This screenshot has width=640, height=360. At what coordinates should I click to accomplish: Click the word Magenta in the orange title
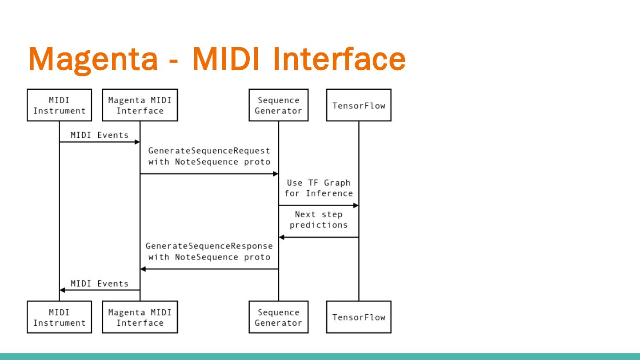93,60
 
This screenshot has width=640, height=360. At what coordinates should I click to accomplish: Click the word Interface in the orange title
339,58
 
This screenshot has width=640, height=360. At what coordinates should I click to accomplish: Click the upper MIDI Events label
100,135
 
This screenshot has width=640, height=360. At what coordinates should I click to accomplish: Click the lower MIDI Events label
100,284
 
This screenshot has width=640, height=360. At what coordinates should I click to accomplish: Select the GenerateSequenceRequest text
209,151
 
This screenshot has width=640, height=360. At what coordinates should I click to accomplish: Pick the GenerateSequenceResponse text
209,246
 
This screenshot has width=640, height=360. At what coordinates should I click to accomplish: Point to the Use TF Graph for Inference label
319,188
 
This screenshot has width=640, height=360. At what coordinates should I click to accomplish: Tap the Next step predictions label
319,220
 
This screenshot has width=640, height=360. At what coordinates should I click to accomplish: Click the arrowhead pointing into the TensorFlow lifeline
356,205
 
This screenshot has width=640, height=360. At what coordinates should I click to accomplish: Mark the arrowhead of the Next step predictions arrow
281,237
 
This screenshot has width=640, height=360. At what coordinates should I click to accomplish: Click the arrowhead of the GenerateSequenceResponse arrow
143,269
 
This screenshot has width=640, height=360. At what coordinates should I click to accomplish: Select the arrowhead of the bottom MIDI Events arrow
62,290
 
